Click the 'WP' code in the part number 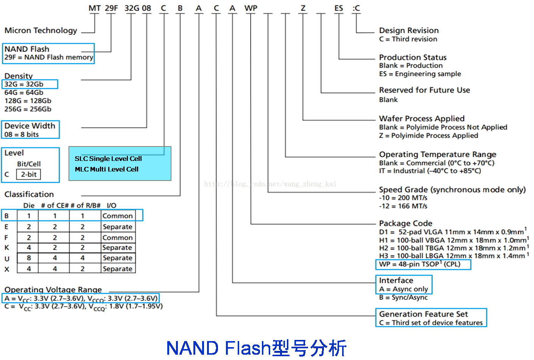click(x=251, y=8)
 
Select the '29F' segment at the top click(x=111, y=8)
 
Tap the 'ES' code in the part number click(x=338, y=8)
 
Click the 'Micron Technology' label click(x=41, y=30)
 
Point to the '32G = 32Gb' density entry click(x=24, y=84)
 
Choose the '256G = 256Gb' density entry click(x=28, y=109)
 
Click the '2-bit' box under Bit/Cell click(x=28, y=174)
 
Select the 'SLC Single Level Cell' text click(x=108, y=159)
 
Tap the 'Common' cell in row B click(x=118, y=216)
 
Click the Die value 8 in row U click(x=29, y=258)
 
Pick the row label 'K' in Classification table click(x=6, y=248)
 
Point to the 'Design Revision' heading click(x=409, y=30)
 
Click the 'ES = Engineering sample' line click(x=420, y=74)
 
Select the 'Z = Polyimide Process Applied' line click(x=428, y=136)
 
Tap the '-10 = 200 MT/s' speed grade click(x=403, y=198)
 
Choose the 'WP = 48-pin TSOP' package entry click(x=419, y=264)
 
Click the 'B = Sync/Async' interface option click(x=403, y=298)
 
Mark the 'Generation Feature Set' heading click(x=423, y=314)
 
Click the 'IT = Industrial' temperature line click(x=430, y=171)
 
